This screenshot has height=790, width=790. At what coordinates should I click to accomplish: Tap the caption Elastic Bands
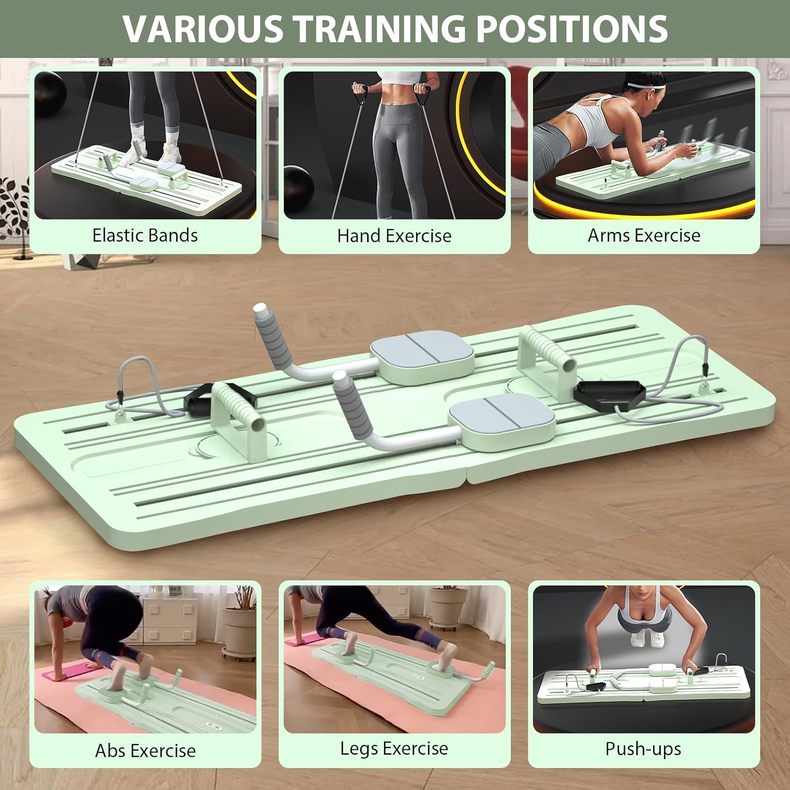pos(145,235)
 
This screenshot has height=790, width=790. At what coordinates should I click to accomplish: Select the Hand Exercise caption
pos(394,236)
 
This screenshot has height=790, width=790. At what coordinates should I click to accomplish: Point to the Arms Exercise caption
pos(644,235)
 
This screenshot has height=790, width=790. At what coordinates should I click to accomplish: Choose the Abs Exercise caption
pos(145,750)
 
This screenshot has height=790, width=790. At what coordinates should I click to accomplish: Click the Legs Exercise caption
pos(394,748)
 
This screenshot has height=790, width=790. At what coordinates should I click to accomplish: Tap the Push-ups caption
pos(643,749)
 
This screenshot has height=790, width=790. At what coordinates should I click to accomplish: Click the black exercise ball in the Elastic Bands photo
pos(50,90)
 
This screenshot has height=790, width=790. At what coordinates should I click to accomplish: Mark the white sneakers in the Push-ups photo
pos(647,638)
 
